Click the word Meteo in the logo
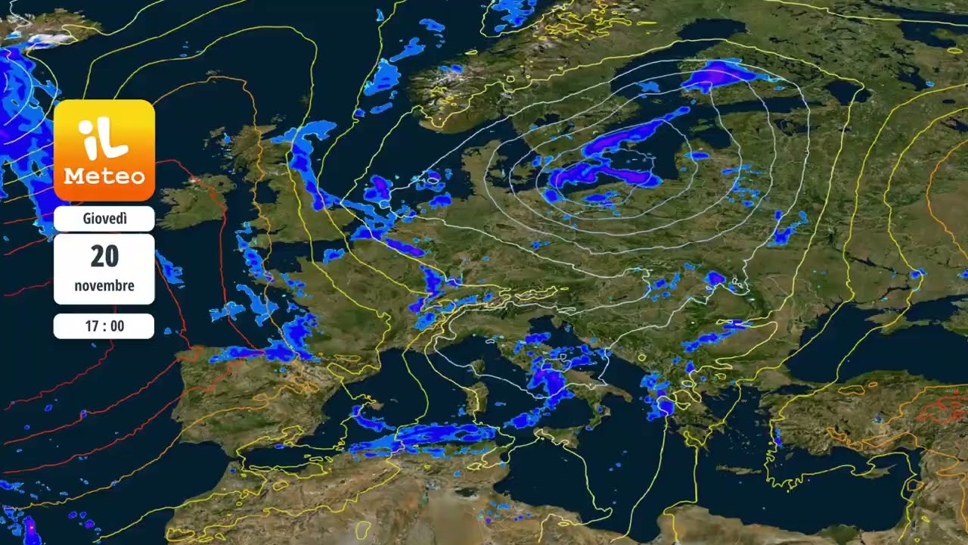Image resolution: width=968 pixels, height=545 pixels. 104,176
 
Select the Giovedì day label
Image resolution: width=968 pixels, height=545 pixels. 104,219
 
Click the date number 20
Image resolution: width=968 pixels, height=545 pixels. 104,257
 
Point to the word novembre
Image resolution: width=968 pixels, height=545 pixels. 104,285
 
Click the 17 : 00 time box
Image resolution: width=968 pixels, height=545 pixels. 104,326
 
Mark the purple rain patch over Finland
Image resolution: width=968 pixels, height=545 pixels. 718,74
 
